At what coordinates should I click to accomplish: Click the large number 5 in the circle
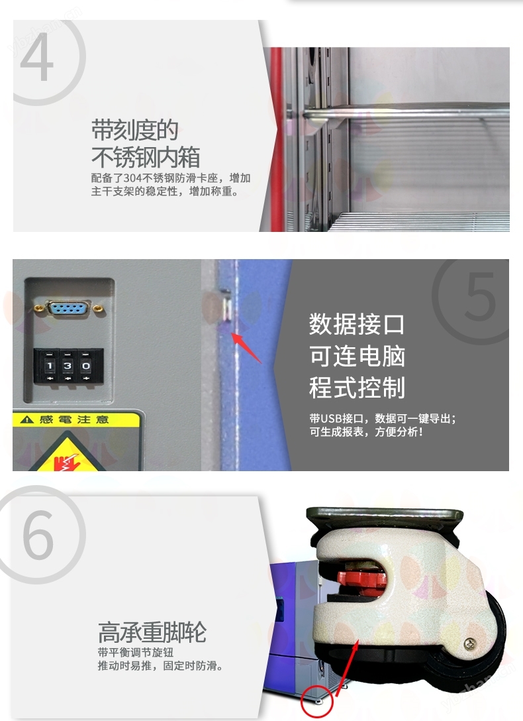coord(480,296)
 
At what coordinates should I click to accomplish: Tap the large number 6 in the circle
coord(38,535)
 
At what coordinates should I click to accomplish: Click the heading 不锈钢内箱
coord(146,157)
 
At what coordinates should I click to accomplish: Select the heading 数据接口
coord(357,324)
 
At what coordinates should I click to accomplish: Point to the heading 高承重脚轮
coord(152,632)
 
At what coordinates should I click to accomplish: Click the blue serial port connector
coord(68,309)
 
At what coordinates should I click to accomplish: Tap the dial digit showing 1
coord(50,366)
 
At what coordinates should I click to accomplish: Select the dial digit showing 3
coord(68,366)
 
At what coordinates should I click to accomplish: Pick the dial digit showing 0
coord(86,366)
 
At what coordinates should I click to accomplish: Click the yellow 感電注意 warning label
coord(75,419)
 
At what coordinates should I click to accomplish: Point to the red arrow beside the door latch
coord(246,348)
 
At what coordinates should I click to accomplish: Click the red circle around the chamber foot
coord(317,702)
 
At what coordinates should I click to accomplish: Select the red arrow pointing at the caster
coord(348,667)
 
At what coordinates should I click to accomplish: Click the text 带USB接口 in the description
coord(336,418)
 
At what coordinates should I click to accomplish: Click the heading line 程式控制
coord(357,387)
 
